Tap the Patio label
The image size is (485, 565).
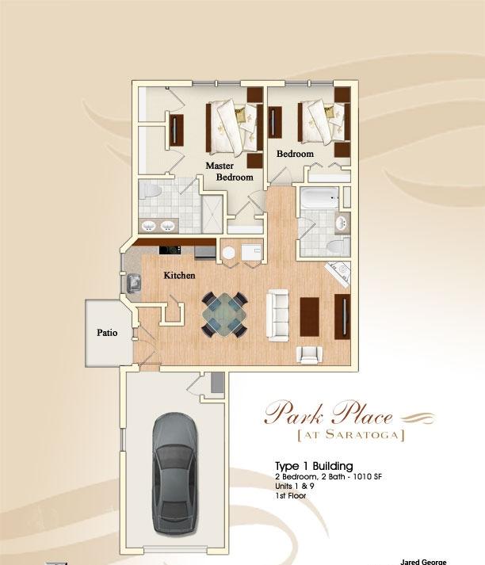pyautogui.click(x=107, y=333)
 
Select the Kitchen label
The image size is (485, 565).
pyautogui.click(x=179, y=276)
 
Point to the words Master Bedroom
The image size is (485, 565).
pyautogui.click(x=230, y=171)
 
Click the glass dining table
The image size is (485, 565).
pyautogui.click(x=223, y=315)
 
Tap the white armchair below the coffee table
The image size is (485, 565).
pyautogui.click(x=308, y=354)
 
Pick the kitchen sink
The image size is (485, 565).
pyautogui.click(x=131, y=281)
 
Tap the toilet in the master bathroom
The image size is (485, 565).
pyautogui.click(x=150, y=192)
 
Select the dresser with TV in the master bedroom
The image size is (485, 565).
pyautogui.click(x=175, y=128)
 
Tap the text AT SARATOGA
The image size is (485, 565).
pyautogui.click(x=349, y=435)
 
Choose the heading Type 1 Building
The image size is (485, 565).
pyautogui.click(x=313, y=465)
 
